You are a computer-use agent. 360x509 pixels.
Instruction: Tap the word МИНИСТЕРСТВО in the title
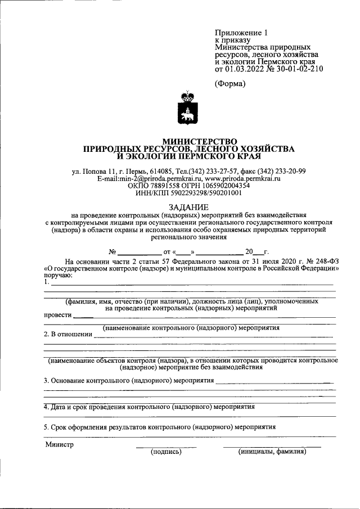pos(200,141)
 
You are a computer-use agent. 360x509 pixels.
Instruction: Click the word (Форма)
pos(231,84)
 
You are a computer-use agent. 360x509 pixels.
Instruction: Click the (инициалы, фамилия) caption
pos(272,451)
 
